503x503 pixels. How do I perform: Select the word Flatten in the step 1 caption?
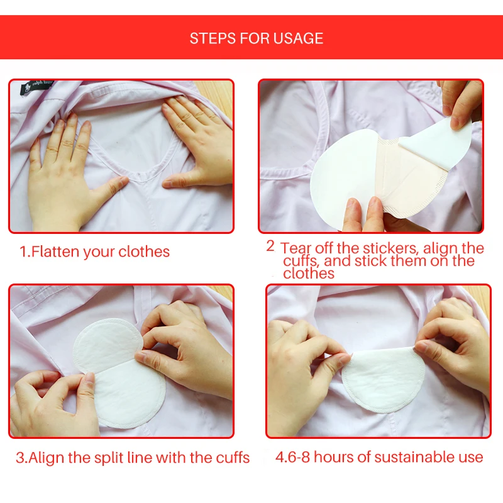click(x=55, y=252)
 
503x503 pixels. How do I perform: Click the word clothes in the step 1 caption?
click(x=144, y=252)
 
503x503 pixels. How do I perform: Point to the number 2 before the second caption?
click(x=270, y=246)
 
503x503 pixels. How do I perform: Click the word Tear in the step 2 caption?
click(x=296, y=248)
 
